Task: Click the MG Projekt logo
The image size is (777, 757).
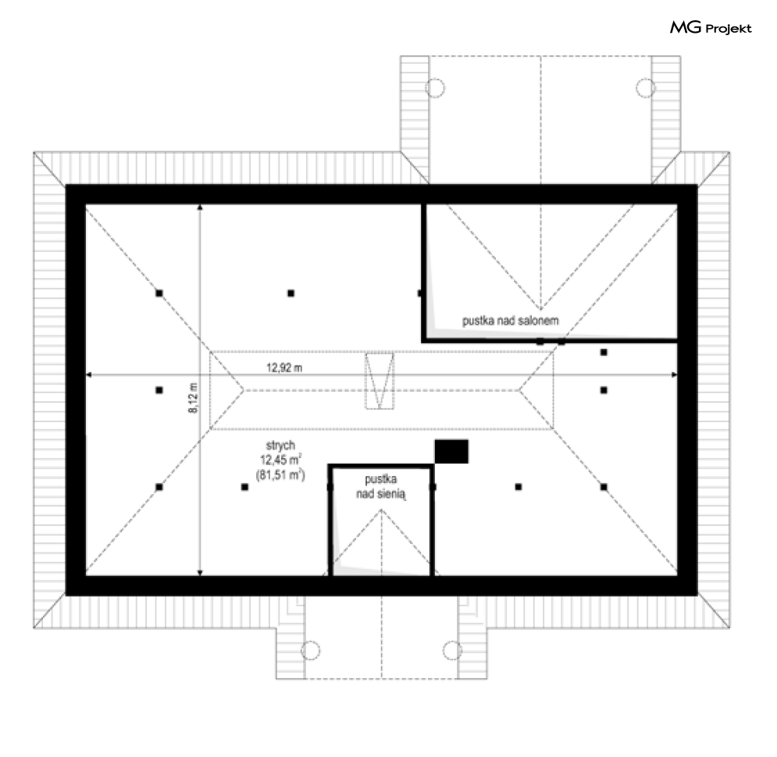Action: pyautogui.click(x=711, y=28)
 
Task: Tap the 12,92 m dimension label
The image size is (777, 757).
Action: pyautogui.click(x=284, y=368)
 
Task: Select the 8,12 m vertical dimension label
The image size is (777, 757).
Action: pyautogui.click(x=193, y=397)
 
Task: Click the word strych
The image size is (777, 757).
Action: pyautogui.click(x=280, y=446)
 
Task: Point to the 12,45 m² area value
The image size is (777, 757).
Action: pyautogui.click(x=281, y=460)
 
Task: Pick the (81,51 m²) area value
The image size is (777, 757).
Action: pyautogui.click(x=280, y=474)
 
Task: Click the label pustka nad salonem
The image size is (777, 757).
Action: pyautogui.click(x=511, y=321)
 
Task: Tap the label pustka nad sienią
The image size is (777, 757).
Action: pyautogui.click(x=381, y=487)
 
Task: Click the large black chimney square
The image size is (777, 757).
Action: pyautogui.click(x=451, y=452)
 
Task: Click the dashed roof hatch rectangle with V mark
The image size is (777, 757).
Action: pyautogui.click(x=380, y=381)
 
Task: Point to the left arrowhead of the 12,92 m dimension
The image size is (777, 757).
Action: pyautogui.click(x=89, y=375)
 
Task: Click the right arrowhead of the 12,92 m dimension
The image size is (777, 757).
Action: pyautogui.click(x=675, y=375)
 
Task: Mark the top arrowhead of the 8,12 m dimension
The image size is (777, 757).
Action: pyautogui.click(x=200, y=208)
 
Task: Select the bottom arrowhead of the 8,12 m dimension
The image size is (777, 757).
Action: pyautogui.click(x=200, y=573)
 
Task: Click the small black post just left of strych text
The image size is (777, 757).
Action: pyautogui.click(x=244, y=487)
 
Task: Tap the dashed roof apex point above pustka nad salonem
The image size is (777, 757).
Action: pyautogui.click(x=540, y=310)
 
